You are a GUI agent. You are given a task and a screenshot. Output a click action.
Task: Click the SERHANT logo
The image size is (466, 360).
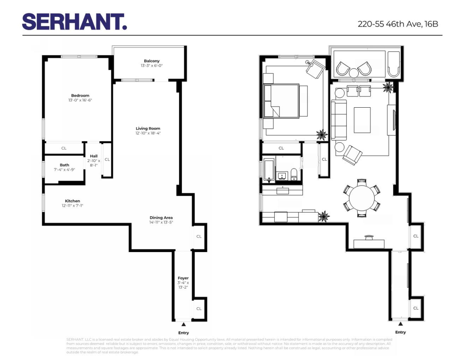pyautogui.click(x=74, y=22)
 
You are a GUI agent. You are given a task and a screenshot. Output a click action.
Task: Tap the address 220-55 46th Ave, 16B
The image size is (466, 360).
pyautogui.click(x=398, y=24)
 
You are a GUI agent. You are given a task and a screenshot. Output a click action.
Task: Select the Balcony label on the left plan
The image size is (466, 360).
pyautogui.click(x=152, y=61)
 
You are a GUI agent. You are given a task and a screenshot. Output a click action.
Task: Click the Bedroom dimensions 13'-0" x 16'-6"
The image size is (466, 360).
pyautogui.click(x=80, y=100)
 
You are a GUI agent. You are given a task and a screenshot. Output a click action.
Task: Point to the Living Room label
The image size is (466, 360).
pyautogui.click(x=148, y=128)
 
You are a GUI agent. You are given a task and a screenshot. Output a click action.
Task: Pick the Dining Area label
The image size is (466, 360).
pyautogui.click(x=161, y=217)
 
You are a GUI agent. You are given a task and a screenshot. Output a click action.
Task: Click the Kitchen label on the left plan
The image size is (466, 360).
pyautogui.click(x=72, y=201)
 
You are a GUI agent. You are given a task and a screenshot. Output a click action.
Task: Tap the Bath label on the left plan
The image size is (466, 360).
pyautogui.click(x=64, y=165)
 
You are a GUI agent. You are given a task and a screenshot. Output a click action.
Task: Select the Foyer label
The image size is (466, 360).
pyautogui.click(x=183, y=278)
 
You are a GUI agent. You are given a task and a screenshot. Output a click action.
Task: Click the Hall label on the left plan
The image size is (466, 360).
pyautogui.click(x=94, y=156)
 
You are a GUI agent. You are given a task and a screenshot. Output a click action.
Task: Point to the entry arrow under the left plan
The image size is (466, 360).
pyautogui.click(x=183, y=324)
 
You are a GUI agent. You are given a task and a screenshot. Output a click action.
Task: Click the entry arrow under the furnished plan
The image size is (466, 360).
pyautogui.click(x=400, y=324)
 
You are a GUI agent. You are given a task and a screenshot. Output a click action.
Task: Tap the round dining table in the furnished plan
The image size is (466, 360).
pyautogui.click(x=362, y=198)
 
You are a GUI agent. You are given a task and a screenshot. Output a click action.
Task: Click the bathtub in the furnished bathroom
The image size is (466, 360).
pyautogui.click(x=269, y=170)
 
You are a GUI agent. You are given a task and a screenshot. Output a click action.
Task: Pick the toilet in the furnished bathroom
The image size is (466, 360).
pyautogui.click(x=294, y=174)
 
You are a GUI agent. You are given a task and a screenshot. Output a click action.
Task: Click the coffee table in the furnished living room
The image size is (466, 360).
pyautogui.click(x=362, y=120)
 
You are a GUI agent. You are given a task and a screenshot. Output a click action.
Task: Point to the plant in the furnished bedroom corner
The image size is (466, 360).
pyautogui.click(x=321, y=135)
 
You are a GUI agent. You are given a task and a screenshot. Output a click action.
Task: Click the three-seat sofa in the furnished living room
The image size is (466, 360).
pyautogui.click(x=339, y=120)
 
